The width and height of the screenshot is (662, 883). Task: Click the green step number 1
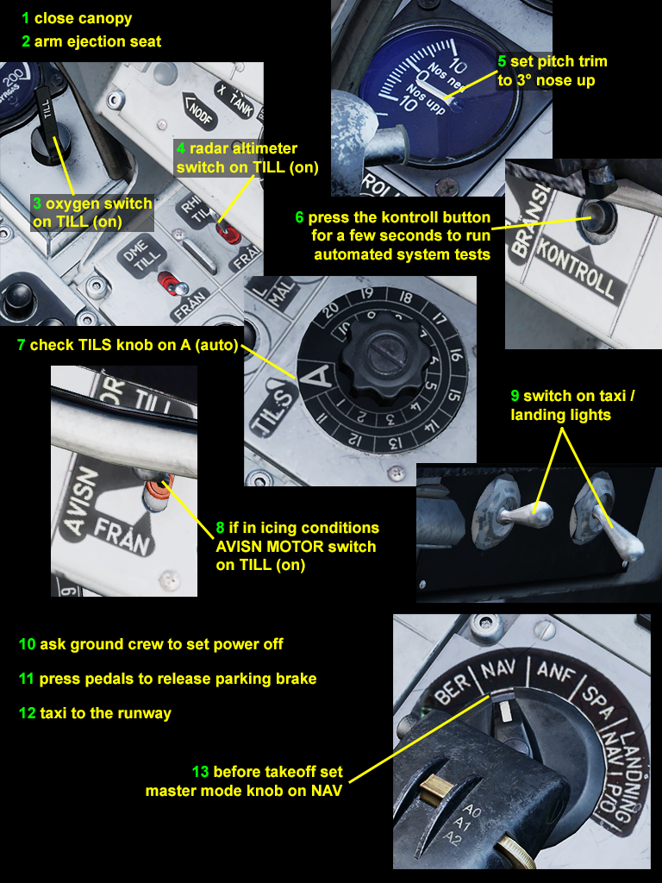pos(25,19)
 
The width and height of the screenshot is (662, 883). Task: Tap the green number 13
pos(200,772)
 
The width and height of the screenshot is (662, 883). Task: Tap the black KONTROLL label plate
pos(575,267)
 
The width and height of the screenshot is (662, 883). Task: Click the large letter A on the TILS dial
pos(318,376)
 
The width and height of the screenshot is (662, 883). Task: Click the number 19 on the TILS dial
pos(366,294)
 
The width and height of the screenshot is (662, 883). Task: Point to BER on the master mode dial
pos(453,688)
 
